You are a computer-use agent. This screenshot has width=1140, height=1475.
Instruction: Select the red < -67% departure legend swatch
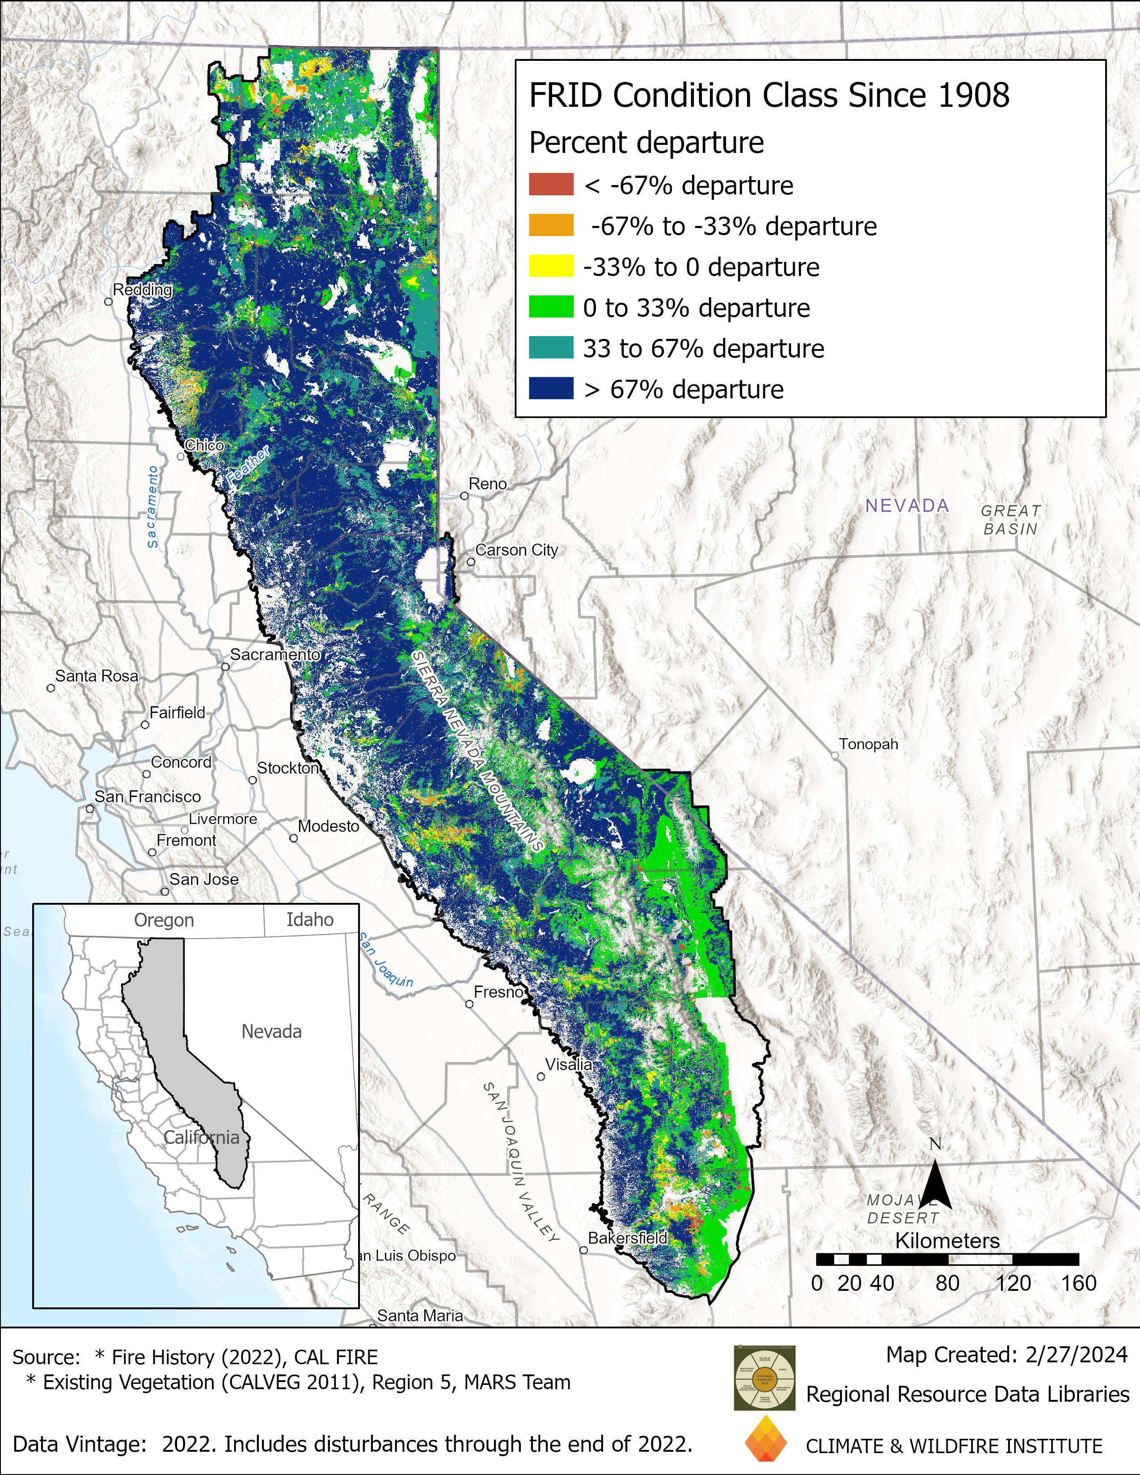(550, 184)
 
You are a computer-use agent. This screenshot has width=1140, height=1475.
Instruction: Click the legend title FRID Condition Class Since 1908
(768, 96)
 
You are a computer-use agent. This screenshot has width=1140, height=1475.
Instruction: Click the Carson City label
(517, 550)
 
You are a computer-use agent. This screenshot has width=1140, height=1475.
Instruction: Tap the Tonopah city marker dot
(835, 756)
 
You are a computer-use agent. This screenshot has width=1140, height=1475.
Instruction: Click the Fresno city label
(498, 992)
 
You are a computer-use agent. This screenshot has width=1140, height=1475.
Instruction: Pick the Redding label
(143, 290)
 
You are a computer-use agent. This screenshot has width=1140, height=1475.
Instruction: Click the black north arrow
(935, 1185)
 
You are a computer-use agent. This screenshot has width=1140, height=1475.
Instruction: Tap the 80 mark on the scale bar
(947, 1283)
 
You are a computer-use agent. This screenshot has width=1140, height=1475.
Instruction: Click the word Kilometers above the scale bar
(947, 1241)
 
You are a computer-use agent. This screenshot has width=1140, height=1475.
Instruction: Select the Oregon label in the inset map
(164, 920)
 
